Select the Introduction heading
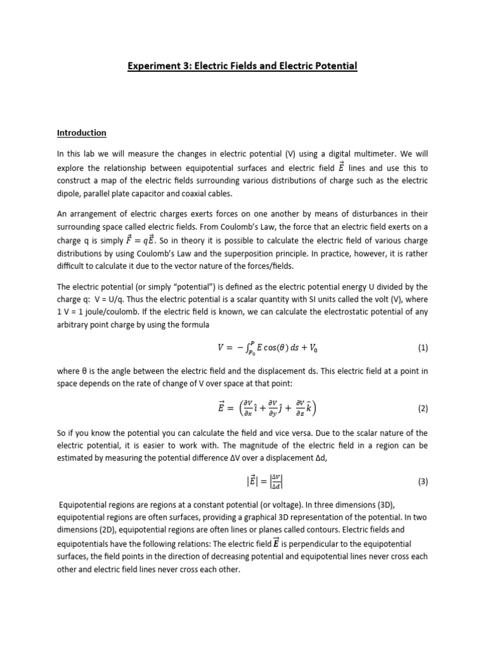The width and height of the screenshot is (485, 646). (81, 133)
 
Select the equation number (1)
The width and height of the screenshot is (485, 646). (422, 348)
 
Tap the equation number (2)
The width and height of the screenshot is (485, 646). (422, 408)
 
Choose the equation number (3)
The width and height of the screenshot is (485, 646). (422, 481)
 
